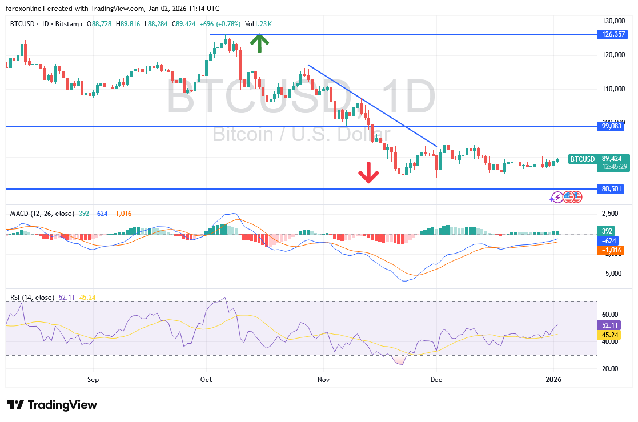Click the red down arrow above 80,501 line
pyautogui.click(x=368, y=172)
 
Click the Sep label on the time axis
pyautogui.click(x=94, y=379)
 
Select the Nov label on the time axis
pyautogui.click(x=323, y=379)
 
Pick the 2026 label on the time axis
pyautogui.click(x=553, y=379)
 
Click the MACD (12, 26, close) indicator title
pyautogui.click(x=42, y=214)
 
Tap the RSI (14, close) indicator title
pyautogui.click(x=32, y=298)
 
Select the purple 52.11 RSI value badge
pyautogui.click(x=607, y=325)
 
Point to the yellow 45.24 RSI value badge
pyautogui.click(x=607, y=336)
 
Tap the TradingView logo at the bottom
pyautogui.click(x=52, y=405)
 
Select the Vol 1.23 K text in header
pyautogui.click(x=259, y=24)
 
